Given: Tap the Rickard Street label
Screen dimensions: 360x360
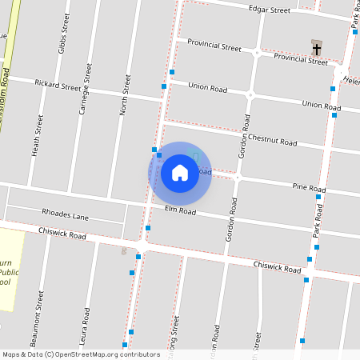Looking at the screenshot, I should click(x=58, y=85).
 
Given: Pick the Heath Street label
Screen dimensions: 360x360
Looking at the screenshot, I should click(x=38, y=134).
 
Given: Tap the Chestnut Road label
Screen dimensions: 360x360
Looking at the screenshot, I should click(x=272, y=140).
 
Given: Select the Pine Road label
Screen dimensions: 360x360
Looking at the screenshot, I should click(x=309, y=187).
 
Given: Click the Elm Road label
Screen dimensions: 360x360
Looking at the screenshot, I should click(x=180, y=210).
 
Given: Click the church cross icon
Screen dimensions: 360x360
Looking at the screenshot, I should click(x=317, y=49).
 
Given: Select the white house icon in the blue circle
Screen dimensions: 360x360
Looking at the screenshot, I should click(x=180, y=173).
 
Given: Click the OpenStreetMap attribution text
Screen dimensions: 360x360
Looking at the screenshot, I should click(x=82, y=354).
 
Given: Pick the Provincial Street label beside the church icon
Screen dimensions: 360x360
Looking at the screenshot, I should click(x=301, y=58).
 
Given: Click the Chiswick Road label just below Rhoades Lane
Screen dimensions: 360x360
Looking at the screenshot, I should click(x=62, y=234).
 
